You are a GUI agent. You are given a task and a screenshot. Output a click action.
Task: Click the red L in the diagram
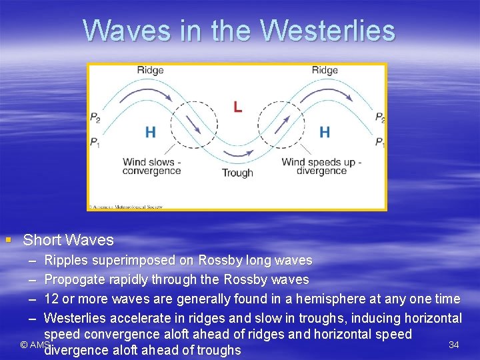pos(237,107)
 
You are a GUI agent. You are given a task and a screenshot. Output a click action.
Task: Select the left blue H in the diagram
pos(151,132)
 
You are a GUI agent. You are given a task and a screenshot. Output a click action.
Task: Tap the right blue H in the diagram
pos(325,132)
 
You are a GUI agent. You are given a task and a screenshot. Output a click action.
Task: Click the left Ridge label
pos(150,71)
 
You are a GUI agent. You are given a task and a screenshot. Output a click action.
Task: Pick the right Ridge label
pos(325,71)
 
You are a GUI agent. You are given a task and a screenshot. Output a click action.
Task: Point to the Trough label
pos(237,173)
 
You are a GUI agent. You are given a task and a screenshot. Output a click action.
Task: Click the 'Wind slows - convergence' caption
pos(151,166)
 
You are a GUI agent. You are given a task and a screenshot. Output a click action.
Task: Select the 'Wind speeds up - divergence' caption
pos(321,166)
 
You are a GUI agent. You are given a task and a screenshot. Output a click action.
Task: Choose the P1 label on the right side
pos(379,142)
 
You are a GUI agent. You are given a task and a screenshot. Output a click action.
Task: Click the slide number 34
pos(454,345)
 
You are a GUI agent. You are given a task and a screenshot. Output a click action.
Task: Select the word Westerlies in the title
pos(327,31)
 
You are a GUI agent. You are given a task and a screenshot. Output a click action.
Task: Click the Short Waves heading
pos(68,240)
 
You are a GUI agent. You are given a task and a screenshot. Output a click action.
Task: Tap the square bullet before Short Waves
pos(7,239)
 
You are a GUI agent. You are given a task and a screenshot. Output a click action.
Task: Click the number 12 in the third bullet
pos(51,299)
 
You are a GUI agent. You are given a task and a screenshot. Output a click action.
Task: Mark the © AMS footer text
pos(35,345)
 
